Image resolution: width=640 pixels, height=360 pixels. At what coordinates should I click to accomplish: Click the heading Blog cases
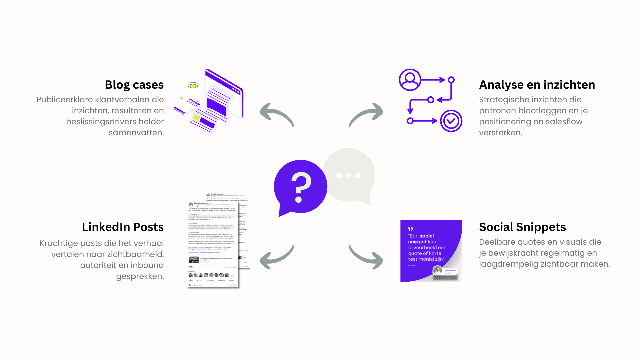pyautogui.click(x=134, y=85)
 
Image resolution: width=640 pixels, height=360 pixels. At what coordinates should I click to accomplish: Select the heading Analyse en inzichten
pyautogui.click(x=537, y=85)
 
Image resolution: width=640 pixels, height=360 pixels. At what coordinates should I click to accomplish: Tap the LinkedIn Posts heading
pyautogui.click(x=123, y=227)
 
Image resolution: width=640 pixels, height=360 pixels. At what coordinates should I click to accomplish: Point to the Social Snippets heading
pyautogui.click(x=522, y=227)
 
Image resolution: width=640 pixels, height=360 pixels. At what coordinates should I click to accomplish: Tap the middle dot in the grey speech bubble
pyautogui.click(x=348, y=175)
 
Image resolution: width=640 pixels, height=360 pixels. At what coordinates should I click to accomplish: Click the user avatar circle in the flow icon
pyautogui.click(x=410, y=80)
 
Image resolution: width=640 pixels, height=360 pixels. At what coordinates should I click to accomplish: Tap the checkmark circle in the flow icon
pyautogui.click(x=451, y=121)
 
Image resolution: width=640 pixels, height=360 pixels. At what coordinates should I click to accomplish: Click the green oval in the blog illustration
pyautogui.click(x=193, y=85)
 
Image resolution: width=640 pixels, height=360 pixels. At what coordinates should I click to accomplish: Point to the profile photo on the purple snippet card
pyautogui.click(x=437, y=270)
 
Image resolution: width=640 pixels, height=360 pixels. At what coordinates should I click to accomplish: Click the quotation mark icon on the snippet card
pyautogui.click(x=410, y=229)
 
